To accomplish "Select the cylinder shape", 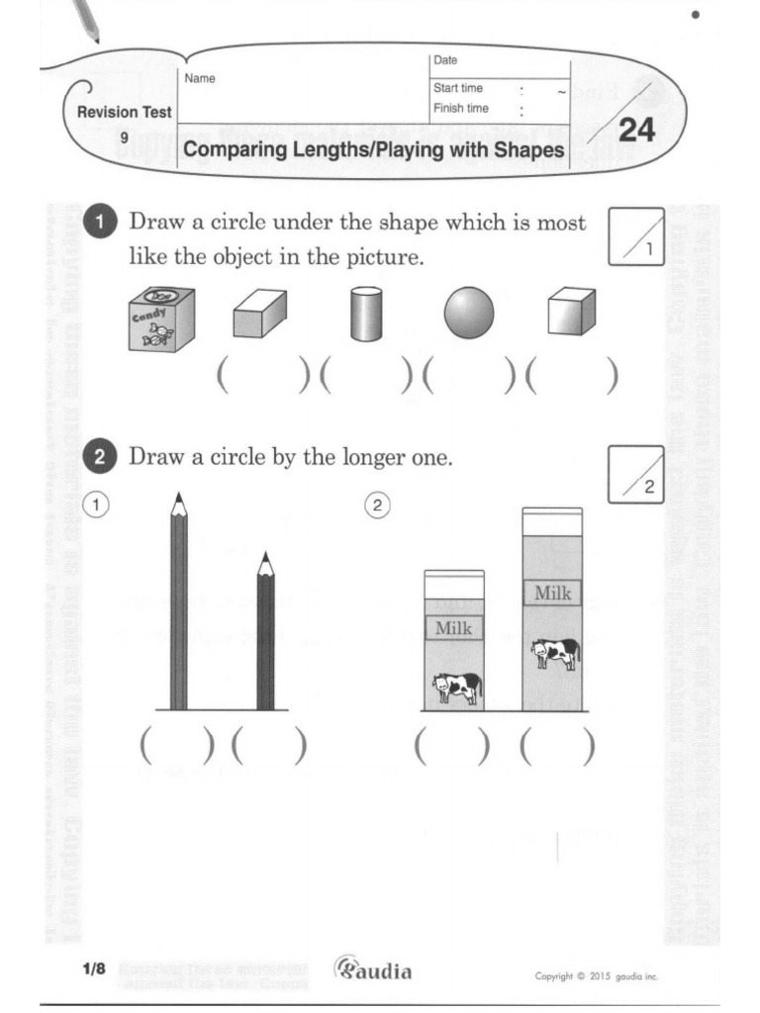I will (364, 315).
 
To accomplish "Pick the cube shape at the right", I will (572, 314).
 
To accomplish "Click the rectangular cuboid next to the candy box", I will (259, 316).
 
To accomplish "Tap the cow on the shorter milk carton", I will (456, 687).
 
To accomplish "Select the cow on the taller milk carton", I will (554, 653).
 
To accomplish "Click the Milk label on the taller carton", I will (553, 594).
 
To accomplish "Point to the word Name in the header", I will (200, 78).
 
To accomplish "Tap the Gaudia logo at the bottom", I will (373, 969).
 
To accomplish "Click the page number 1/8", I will (94, 970).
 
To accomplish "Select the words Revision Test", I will (125, 113).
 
